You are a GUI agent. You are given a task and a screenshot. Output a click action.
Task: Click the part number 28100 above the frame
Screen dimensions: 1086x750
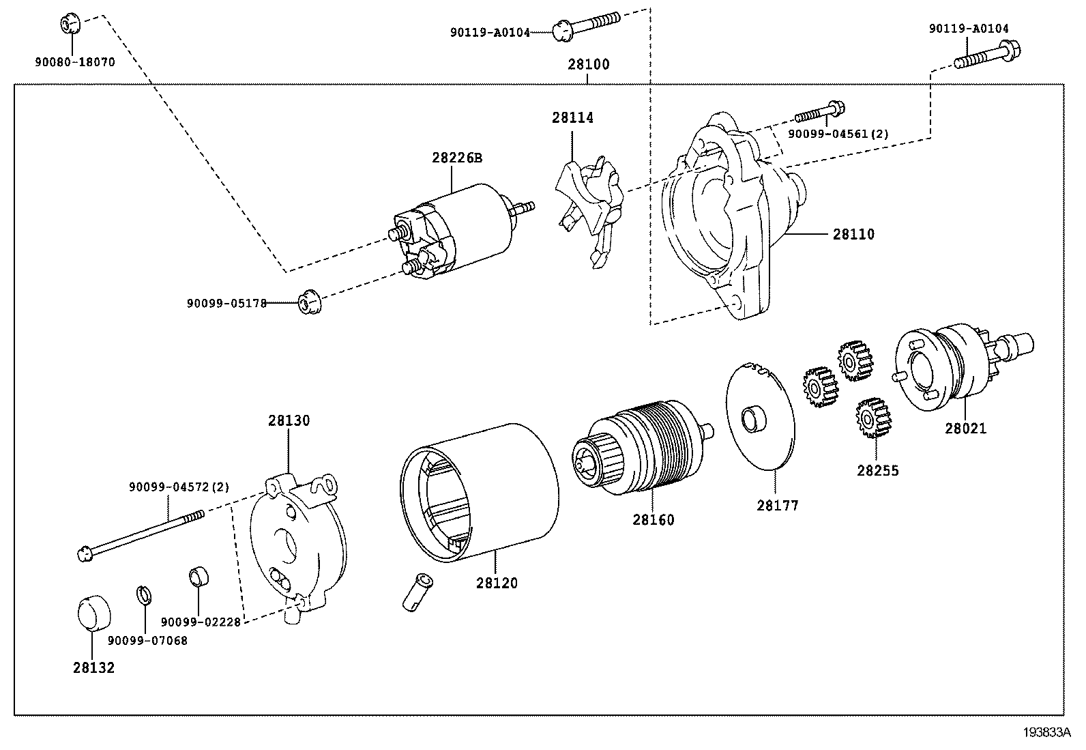[x=589, y=64]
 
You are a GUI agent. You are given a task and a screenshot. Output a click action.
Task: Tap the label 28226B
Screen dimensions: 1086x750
[x=457, y=158]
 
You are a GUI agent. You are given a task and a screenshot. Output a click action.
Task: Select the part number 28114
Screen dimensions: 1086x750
[x=572, y=117]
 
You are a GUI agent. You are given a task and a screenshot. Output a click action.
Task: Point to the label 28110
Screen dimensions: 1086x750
[x=853, y=234]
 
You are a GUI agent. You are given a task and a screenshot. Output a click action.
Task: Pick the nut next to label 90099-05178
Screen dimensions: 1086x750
[x=309, y=301]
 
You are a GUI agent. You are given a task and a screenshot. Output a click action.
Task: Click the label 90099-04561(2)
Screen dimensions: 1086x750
[x=838, y=134]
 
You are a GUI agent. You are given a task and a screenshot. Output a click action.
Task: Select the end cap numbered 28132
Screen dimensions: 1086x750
[x=94, y=614]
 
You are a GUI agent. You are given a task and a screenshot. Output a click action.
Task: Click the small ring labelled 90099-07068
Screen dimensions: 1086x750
[x=144, y=595]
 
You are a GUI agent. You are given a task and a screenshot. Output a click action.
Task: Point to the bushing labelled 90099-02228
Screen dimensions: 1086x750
[x=199, y=576]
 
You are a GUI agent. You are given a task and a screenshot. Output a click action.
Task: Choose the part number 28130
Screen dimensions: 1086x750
[x=289, y=420]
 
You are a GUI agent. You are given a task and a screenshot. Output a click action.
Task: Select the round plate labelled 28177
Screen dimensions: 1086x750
[x=760, y=416]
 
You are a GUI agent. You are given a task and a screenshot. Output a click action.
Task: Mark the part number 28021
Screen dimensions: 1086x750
[x=966, y=429]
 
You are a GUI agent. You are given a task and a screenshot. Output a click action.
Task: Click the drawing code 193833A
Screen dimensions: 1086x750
[x=1046, y=732]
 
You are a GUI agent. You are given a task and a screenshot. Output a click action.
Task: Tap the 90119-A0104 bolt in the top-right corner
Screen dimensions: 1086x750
[x=988, y=56]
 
